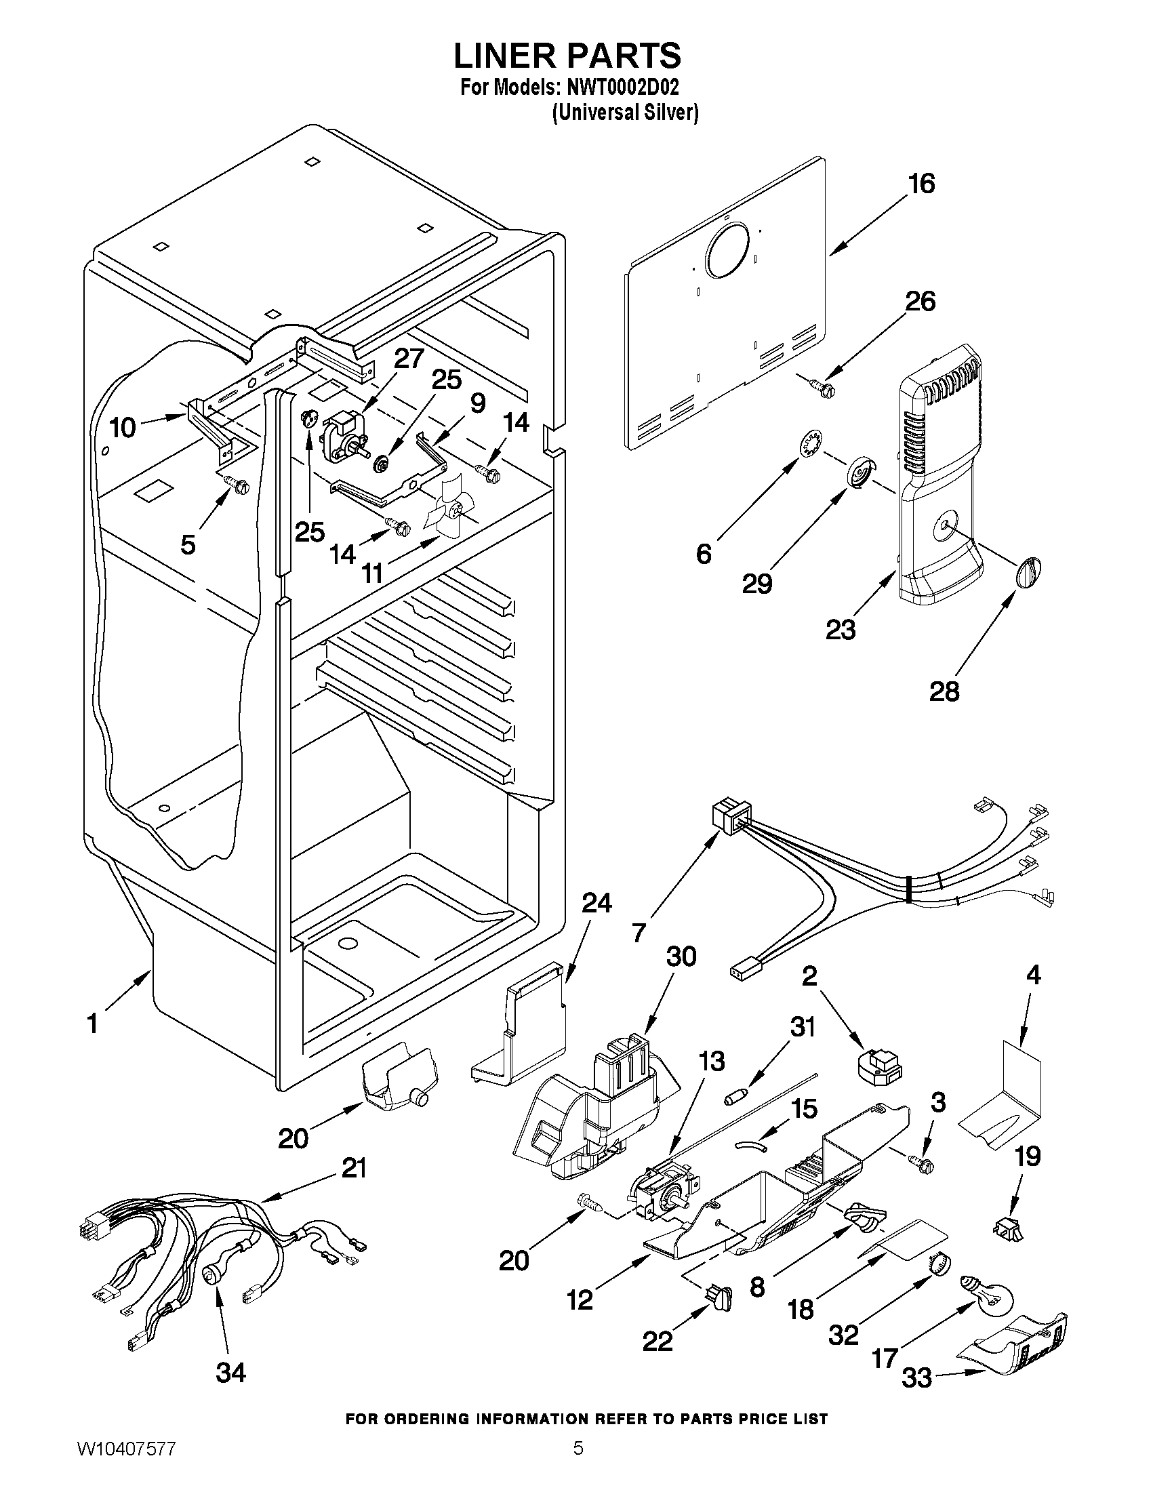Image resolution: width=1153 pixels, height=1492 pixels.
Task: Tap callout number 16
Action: pyautogui.click(x=921, y=184)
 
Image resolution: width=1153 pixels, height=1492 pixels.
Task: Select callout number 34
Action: pyautogui.click(x=230, y=1372)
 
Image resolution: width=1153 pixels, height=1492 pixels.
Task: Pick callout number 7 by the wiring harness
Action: pyautogui.click(x=639, y=933)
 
